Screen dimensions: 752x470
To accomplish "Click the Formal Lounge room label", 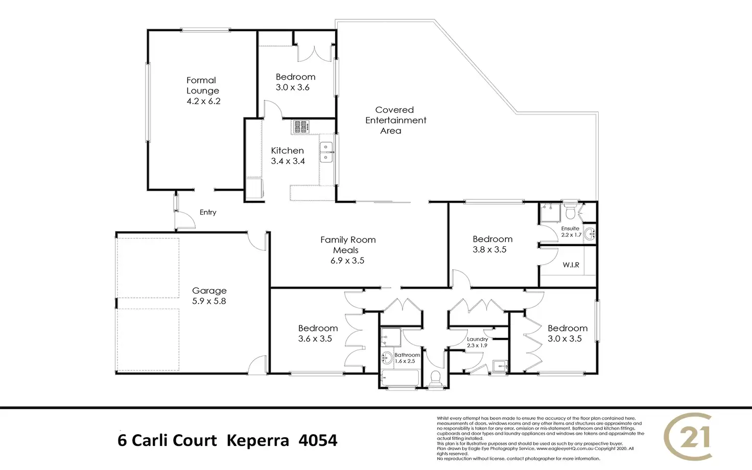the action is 203,90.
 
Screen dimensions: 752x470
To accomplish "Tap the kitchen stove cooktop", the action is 300,127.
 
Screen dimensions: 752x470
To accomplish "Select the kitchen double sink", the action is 326,152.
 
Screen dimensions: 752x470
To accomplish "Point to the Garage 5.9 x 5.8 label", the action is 209,296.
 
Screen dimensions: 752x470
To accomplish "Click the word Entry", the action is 208,212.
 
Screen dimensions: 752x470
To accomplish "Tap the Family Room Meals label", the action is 348,250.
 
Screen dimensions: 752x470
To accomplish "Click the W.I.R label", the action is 571,265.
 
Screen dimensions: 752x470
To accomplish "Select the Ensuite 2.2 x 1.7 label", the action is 571,231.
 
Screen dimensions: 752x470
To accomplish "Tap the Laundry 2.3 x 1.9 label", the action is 477,342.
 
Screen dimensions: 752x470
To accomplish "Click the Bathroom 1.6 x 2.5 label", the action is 407,358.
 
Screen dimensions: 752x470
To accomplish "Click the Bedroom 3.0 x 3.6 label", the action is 295,82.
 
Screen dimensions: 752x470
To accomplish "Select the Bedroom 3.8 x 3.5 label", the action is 491,244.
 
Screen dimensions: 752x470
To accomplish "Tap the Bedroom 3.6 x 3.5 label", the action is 317,333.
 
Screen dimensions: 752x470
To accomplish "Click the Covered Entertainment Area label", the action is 395,120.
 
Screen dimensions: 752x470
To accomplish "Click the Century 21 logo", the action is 688,437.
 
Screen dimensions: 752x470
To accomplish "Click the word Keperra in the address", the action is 257,440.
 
